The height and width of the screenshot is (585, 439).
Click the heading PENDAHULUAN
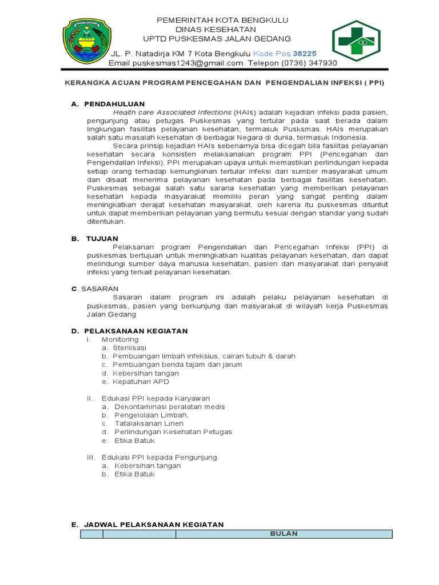point(114,104)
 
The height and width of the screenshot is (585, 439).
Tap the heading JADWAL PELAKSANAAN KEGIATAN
point(154,524)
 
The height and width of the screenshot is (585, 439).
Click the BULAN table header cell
point(284,534)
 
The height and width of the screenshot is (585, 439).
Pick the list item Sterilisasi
point(129,347)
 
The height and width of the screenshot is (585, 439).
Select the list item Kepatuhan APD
point(141,381)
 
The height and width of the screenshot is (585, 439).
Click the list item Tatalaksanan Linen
point(149,423)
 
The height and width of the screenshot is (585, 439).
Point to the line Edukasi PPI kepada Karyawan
point(155,398)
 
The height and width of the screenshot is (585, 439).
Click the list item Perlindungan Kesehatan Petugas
point(173,432)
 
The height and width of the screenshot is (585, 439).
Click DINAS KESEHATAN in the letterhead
point(215,29)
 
